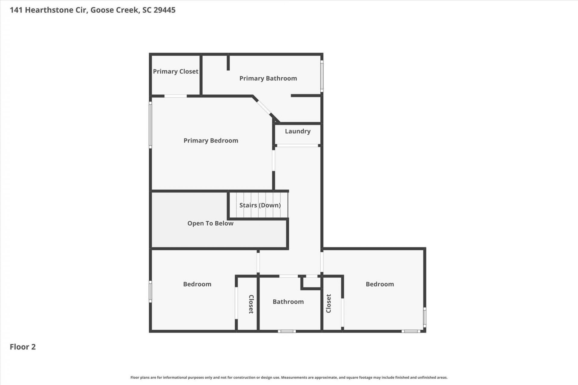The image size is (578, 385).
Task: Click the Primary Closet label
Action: (x=176, y=72)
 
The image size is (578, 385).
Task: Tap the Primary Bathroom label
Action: (x=268, y=79)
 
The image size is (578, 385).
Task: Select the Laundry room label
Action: (x=298, y=131)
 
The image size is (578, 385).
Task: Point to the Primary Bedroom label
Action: (x=211, y=141)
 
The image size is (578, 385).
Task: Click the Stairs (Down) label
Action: (x=260, y=205)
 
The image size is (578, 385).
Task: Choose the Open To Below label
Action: (x=210, y=223)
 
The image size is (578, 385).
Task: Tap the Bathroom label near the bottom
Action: (x=288, y=302)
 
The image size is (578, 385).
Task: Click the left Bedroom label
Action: (x=197, y=284)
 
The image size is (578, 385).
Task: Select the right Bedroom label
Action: (x=380, y=284)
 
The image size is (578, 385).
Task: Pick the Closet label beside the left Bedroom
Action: (x=251, y=304)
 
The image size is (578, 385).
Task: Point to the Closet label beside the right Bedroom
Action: (x=328, y=303)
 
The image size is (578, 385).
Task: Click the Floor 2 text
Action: (x=23, y=347)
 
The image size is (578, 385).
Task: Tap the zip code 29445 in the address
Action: (x=164, y=10)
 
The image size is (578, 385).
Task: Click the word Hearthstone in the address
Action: (x=49, y=10)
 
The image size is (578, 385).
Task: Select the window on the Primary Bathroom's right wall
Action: (x=322, y=76)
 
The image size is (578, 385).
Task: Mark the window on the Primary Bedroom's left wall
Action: (x=151, y=125)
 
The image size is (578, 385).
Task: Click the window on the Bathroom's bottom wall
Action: (x=287, y=331)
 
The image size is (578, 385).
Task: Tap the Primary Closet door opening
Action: (x=176, y=96)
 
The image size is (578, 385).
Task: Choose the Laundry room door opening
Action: (x=297, y=146)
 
